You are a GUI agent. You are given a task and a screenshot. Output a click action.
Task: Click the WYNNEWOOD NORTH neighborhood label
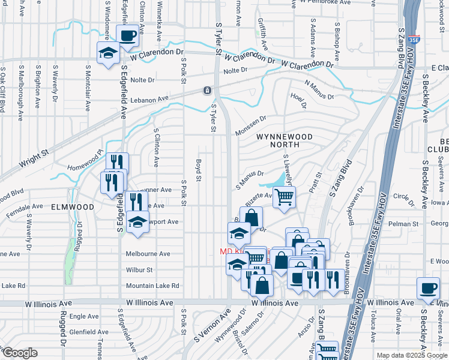[285, 141]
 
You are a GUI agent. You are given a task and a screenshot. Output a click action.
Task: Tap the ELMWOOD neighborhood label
[72, 206]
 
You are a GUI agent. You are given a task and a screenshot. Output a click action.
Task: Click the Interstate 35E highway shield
[414, 40]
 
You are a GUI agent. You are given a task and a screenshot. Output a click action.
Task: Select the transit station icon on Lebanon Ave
[206, 91]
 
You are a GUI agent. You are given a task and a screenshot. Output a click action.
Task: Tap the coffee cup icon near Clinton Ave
[127, 35]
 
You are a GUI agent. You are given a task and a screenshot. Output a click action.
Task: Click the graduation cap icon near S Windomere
[108, 53]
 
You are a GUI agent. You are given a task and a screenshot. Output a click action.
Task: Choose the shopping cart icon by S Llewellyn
[284, 196]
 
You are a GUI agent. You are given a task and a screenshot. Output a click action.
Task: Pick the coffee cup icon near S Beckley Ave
[428, 289]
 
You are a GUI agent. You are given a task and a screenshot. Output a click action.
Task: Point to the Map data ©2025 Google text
[412, 355]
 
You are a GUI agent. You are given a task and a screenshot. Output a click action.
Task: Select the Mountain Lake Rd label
[148, 286]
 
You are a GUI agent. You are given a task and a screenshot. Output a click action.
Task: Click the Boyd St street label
[197, 169]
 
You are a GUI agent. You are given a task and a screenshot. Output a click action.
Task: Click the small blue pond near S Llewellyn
[278, 180]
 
